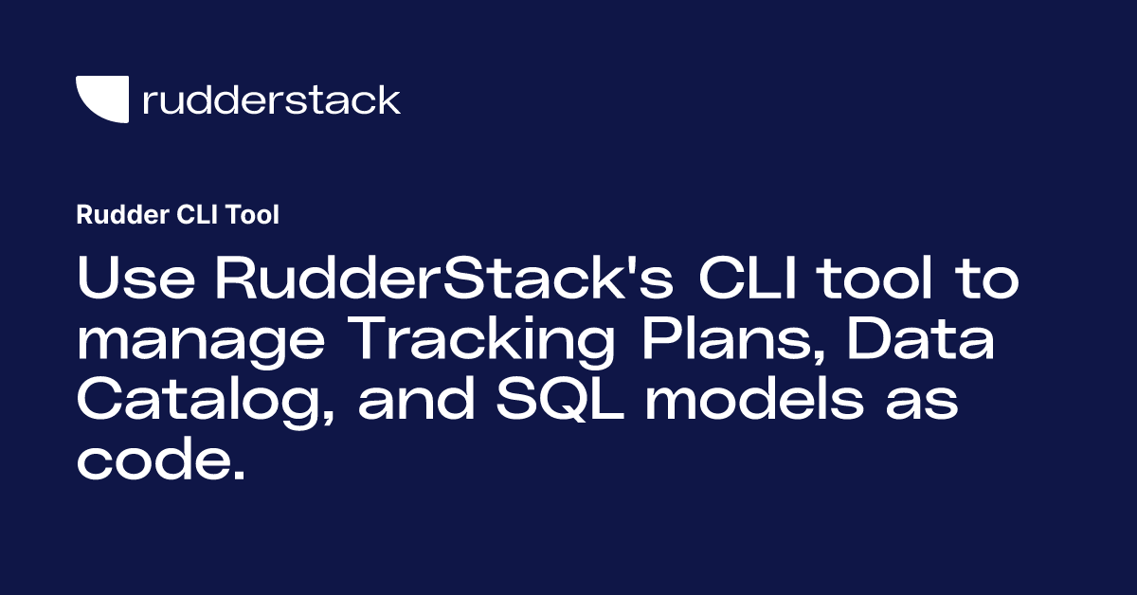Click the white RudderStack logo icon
click(101, 99)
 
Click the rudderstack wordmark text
click(271, 99)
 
